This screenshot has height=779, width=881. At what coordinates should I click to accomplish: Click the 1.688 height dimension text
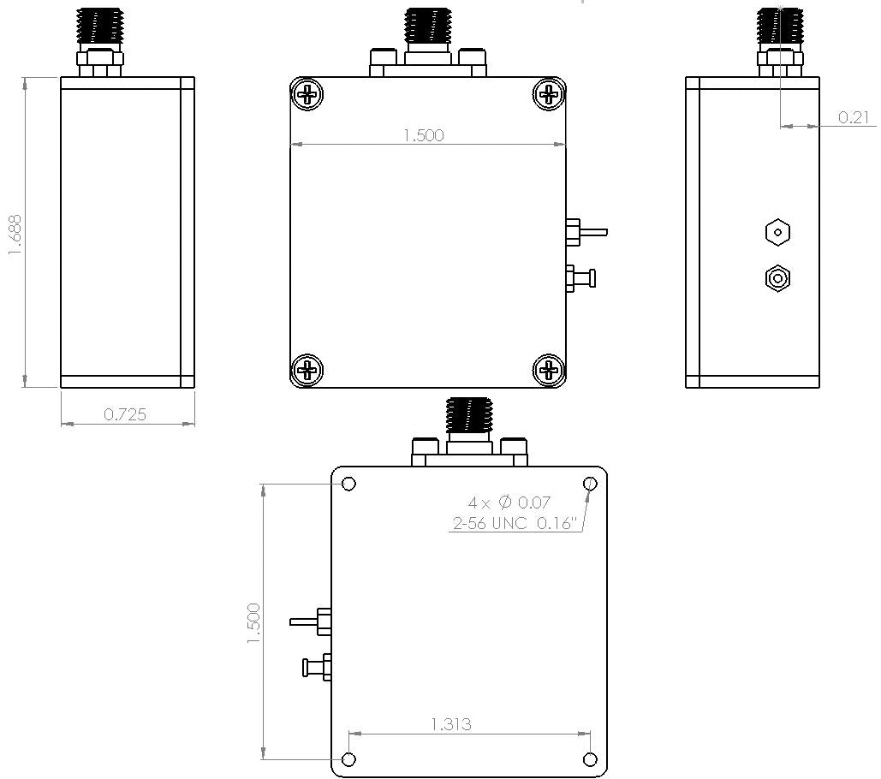[15, 234]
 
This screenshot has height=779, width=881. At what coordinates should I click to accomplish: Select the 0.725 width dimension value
[125, 414]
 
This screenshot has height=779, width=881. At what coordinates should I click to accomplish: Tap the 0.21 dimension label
[854, 117]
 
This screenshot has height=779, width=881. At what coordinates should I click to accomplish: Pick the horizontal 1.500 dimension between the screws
[424, 134]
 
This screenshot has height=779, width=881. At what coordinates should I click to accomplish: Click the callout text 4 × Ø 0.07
[509, 502]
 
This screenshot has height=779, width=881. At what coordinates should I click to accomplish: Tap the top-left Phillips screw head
[307, 93]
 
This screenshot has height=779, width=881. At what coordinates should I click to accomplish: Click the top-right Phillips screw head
[549, 93]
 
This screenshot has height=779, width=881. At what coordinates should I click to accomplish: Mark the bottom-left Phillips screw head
[307, 370]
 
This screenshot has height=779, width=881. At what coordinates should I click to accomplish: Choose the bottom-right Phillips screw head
[549, 370]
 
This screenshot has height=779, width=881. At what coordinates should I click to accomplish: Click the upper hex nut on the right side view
[777, 231]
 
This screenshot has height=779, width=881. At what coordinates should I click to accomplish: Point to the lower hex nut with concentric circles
[777, 278]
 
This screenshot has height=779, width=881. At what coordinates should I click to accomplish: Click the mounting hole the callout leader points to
[590, 485]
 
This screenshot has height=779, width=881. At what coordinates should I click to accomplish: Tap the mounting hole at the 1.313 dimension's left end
[348, 759]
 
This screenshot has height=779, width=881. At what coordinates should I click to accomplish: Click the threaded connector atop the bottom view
[468, 417]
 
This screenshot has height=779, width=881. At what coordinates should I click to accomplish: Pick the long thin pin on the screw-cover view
[590, 231]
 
